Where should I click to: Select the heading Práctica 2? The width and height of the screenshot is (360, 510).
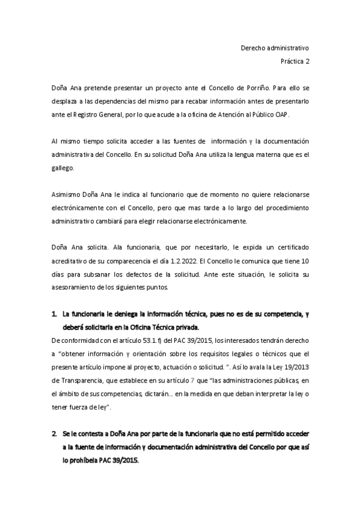(294, 61)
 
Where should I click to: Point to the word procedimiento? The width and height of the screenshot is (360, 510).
(285, 208)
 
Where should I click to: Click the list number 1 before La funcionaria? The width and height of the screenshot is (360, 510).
(54, 313)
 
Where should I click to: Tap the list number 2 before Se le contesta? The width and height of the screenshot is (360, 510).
(54, 434)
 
